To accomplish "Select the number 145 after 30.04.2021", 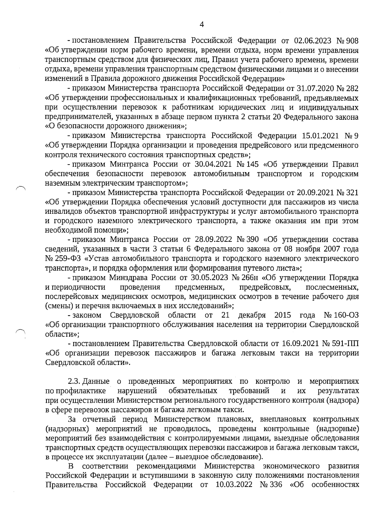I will tap(246, 164).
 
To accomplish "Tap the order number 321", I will tap(352, 192).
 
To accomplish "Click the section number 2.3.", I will tap(75, 382).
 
